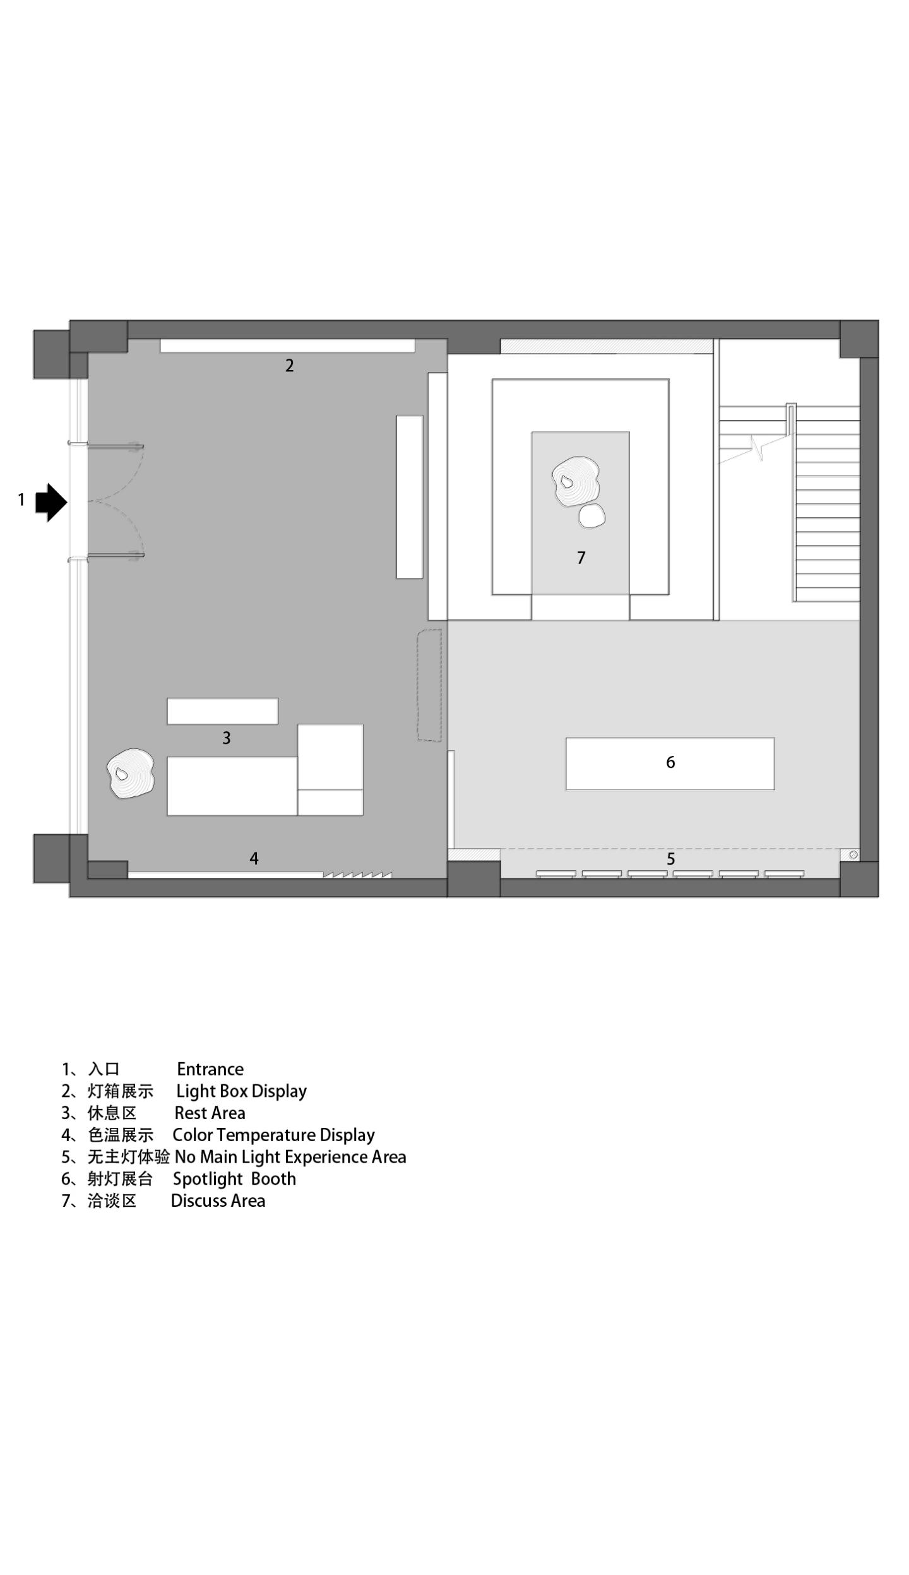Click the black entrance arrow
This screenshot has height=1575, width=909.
(50, 502)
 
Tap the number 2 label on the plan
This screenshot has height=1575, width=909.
(289, 365)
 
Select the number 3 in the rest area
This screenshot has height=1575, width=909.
(226, 738)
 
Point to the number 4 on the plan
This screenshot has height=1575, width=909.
(254, 858)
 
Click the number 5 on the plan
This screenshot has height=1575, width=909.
(670, 859)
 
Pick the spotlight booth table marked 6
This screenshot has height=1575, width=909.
(670, 764)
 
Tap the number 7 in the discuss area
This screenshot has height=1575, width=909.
(581, 558)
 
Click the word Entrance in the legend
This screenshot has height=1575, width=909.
(210, 1069)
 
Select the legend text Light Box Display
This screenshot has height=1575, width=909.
(241, 1091)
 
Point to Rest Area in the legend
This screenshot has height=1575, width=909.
(210, 1113)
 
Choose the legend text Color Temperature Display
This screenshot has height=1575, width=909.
(273, 1135)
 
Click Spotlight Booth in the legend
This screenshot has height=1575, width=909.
(234, 1179)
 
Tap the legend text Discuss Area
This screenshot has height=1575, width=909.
(218, 1201)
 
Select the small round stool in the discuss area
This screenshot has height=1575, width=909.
(592, 516)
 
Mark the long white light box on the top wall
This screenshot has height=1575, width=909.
(287, 345)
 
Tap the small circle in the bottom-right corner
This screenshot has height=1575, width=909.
(853, 855)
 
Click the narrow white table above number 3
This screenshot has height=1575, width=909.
(222, 711)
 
